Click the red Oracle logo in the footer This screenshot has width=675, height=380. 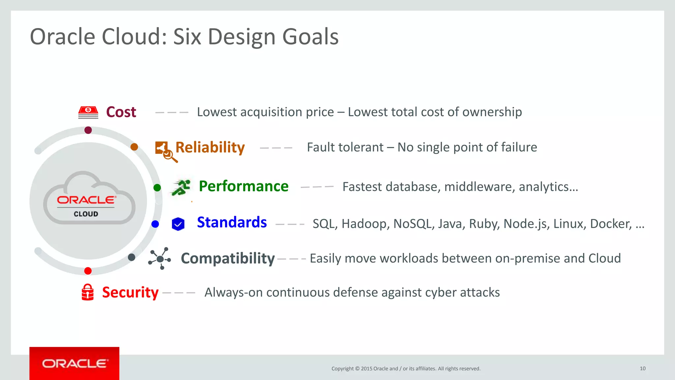(x=74, y=363)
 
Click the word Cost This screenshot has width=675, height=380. (x=121, y=112)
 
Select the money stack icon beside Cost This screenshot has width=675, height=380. (x=88, y=112)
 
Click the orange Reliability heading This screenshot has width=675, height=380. (x=210, y=147)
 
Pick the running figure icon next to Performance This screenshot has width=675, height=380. (x=181, y=187)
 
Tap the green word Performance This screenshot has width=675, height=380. (x=244, y=186)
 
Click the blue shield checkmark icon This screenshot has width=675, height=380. (x=178, y=224)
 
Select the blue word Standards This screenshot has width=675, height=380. (x=232, y=222)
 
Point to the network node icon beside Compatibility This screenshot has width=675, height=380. (x=160, y=259)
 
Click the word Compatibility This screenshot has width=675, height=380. (x=228, y=258)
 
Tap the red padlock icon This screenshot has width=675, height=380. (x=88, y=292)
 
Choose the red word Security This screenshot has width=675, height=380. (x=130, y=292)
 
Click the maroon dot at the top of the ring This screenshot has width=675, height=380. (x=88, y=130)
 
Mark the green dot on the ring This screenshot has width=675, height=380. (x=157, y=188)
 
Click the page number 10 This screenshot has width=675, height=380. (x=642, y=368)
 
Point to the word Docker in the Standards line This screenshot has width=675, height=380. (x=610, y=224)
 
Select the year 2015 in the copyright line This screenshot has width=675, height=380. (x=367, y=369)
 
